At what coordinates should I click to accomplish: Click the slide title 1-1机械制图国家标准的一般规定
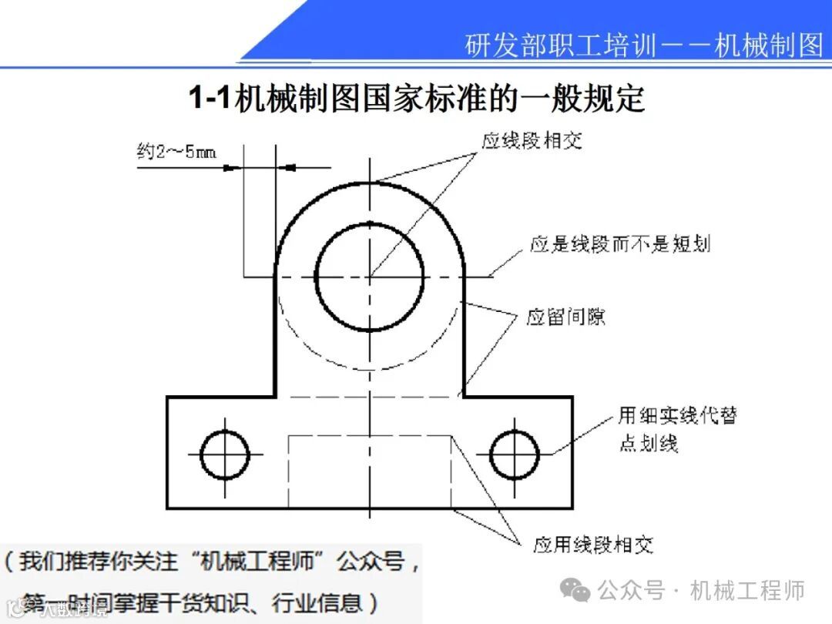pyautogui.click(x=416, y=99)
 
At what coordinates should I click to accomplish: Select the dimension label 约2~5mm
pyautogui.click(x=176, y=151)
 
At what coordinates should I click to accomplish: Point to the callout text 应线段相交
pyautogui.click(x=531, y=141)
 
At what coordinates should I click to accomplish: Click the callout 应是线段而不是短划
pyautogui.click(x=619, y=244)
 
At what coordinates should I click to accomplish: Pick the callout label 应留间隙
pyautogui.click(x=565, y=317)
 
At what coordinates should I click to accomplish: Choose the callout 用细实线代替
pyautogui.click(x=677, y=415)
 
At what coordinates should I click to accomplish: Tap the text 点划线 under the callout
pyautogui.click(x=649, y=445)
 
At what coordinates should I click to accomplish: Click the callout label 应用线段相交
pyautogui.click(x=593, y=545)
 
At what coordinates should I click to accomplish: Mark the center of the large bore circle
pyautogui.click(x=370, y=276)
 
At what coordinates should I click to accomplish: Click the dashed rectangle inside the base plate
pyautogui.click(x=370, y=470)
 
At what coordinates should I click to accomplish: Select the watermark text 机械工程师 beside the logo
pyautogui.click(x=747, y=591)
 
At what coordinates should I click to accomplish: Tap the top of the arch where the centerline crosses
pyautogui.click(x=370, y=182)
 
